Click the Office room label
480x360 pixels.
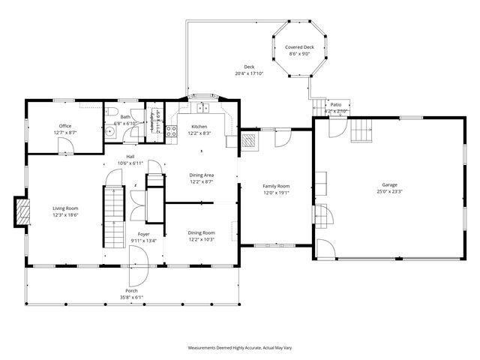coord(65,125)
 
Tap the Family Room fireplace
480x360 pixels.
coord(249,139)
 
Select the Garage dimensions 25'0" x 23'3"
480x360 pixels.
coord(389,191)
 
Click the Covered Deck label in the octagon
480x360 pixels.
coord(298,46)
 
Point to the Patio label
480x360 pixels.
coord(335,104)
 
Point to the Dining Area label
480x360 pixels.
coord(201,175)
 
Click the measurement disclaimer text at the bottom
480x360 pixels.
coord(239,348)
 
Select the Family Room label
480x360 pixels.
coord(275,186)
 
